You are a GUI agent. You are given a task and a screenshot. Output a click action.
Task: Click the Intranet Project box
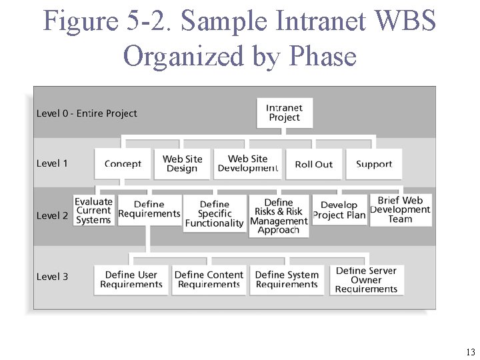285,113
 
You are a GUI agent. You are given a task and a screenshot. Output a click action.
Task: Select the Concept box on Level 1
123,164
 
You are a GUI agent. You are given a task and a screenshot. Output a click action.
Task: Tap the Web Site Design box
182,164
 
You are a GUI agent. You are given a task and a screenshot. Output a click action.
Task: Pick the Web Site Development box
247,164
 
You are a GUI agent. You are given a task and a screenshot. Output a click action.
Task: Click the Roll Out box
313,164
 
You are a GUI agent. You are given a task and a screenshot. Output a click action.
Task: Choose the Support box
374,164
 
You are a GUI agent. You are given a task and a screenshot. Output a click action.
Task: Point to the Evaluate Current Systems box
93,211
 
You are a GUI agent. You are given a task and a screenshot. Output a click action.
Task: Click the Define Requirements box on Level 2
149,209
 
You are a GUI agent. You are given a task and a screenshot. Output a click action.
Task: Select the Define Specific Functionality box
214,214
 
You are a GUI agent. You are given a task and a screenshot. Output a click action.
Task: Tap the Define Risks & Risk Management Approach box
279,216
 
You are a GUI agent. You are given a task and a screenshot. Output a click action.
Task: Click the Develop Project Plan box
339,210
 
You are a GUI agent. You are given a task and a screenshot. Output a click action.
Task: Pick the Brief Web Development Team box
400,210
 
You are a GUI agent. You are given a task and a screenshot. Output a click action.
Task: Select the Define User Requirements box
131,279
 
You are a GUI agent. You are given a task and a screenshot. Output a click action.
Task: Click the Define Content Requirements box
209,279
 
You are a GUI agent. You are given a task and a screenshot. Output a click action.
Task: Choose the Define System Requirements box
287,279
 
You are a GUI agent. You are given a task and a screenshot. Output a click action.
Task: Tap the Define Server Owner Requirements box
366,280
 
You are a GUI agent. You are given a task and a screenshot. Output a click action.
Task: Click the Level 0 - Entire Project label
87,113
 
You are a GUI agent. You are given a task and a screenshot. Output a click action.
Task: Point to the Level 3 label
52,277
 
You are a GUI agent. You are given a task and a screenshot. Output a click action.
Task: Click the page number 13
471,353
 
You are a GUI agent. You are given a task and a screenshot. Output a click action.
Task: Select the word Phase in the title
324,56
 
